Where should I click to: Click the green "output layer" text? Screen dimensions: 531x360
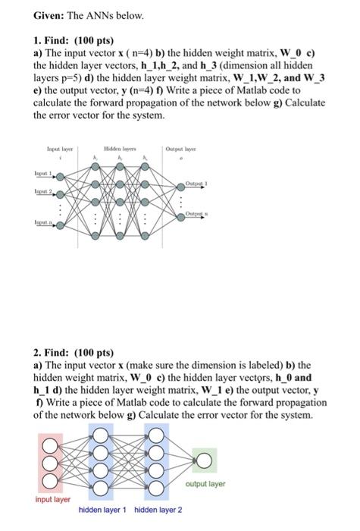pyautogui.click(x=204, y=483)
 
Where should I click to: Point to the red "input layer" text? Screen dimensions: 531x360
pyautogui.click(x=52, y=500)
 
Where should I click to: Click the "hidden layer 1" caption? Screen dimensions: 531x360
pyautogui.click(x=102, y=510)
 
